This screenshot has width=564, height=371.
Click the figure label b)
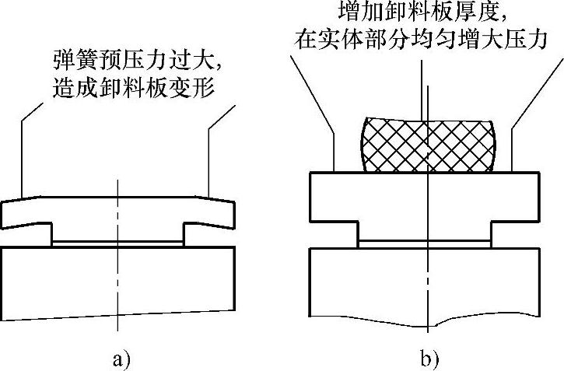click(x=429, y=359)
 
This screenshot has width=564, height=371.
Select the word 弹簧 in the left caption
click(x=68, y=60)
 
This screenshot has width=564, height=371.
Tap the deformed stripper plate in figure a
click(x=117, y=210)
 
